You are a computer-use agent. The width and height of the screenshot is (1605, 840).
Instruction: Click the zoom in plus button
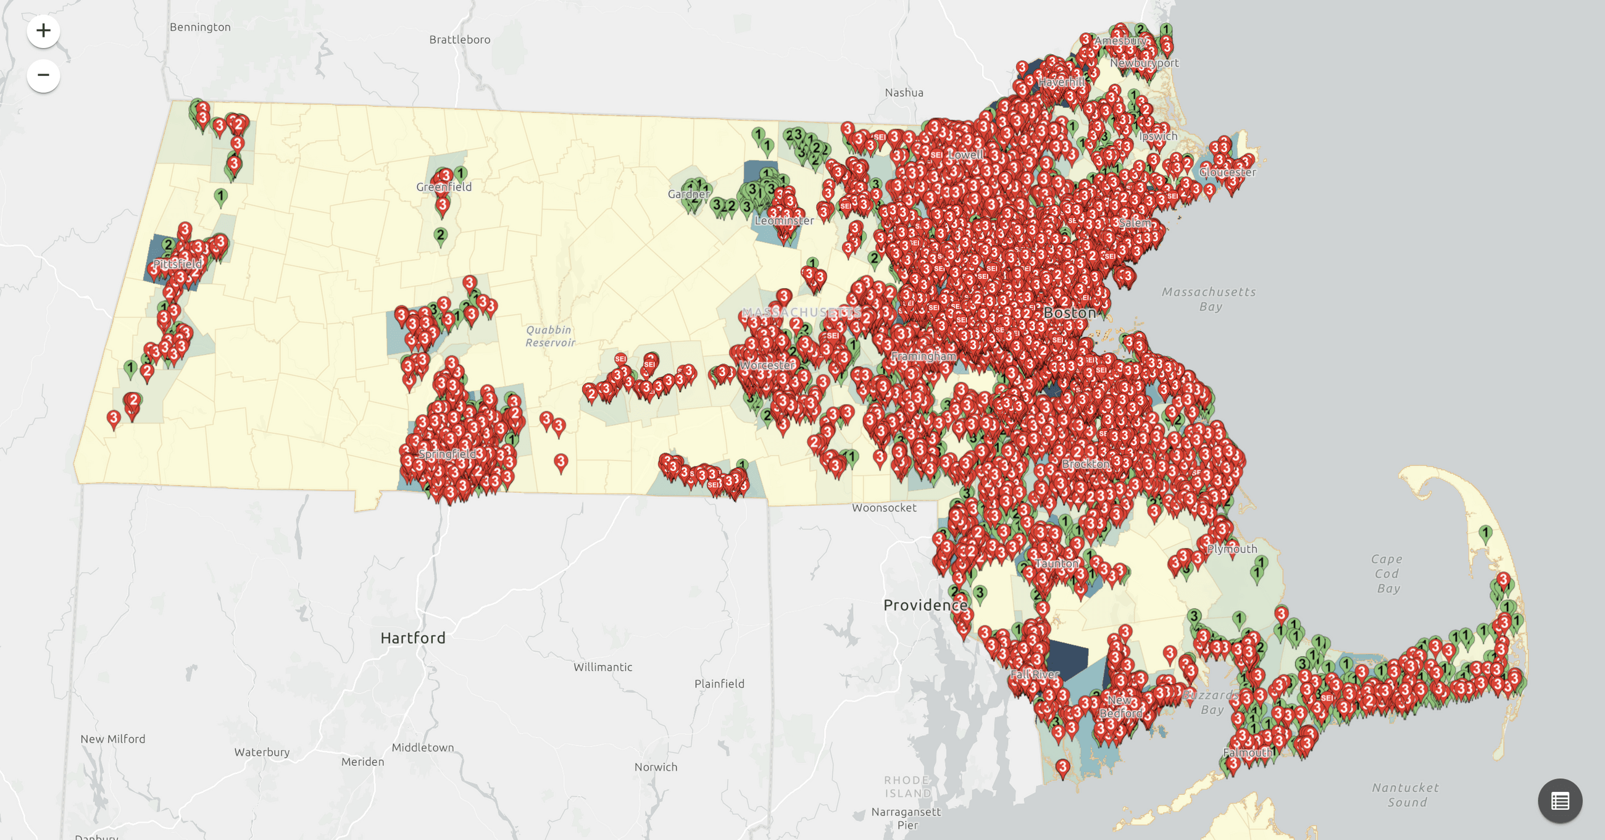point(43,30)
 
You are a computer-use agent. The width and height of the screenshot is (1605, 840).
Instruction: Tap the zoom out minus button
point(43,75)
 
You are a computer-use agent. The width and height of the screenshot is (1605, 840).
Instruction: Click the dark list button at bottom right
point(1559,800)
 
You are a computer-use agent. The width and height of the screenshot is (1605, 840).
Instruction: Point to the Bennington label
point(200,27)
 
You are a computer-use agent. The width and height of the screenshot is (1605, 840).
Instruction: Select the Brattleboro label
point(459,40)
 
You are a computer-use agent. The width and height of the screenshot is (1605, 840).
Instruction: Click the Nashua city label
point(904,93)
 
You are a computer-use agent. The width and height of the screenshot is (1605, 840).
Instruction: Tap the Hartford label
point(412,638)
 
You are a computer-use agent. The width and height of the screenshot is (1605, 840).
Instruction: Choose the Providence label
point(925,605)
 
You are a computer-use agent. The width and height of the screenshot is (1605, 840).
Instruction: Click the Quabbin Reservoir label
point(549,336)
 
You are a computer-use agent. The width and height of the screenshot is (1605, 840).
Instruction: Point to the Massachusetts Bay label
point(1209,299)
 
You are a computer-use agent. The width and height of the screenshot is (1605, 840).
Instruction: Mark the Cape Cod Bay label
point(1387,573)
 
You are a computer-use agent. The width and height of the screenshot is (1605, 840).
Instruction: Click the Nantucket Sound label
point(1406,795)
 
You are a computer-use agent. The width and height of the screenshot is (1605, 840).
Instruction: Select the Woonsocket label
point(883,508)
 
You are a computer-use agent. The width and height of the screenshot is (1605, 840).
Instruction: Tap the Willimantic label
point(602,667)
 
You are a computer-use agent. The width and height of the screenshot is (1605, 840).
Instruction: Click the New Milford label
point(113,739)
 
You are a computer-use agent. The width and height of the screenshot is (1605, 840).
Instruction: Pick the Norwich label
point(656,767)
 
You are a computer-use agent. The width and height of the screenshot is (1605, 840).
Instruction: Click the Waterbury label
point(262,752)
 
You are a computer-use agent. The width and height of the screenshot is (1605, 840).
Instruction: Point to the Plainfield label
point(719,684)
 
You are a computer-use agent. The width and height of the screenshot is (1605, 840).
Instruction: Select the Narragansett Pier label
point(906,818)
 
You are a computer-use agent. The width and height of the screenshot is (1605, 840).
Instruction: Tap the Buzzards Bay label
point(1212,702)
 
